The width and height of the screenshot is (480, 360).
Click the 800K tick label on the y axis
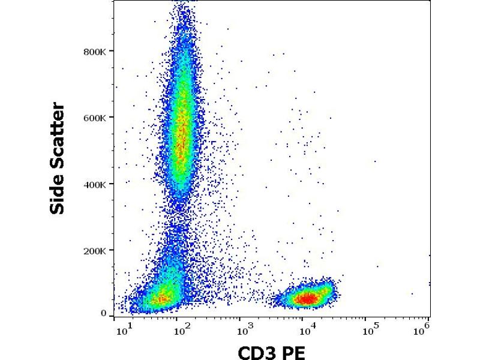pyautogui.click(x=95, y=52)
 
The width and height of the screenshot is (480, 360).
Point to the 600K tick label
pyautogui.click(x=95, y=118)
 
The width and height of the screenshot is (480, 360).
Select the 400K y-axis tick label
pyautogui.click(x=95, y=185)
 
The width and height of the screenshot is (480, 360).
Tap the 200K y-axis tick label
pyautogui.click(x=95, y=251)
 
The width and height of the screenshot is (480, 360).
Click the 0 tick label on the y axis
pyautogui.click(x=103, y=313)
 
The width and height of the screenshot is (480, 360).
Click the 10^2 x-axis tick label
pyautogui.click(x=184, y=328)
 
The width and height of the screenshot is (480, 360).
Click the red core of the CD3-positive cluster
pyautogui.click(x=307, y=298)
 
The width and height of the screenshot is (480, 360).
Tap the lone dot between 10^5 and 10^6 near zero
pyautogui.click(x=412, y=294)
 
